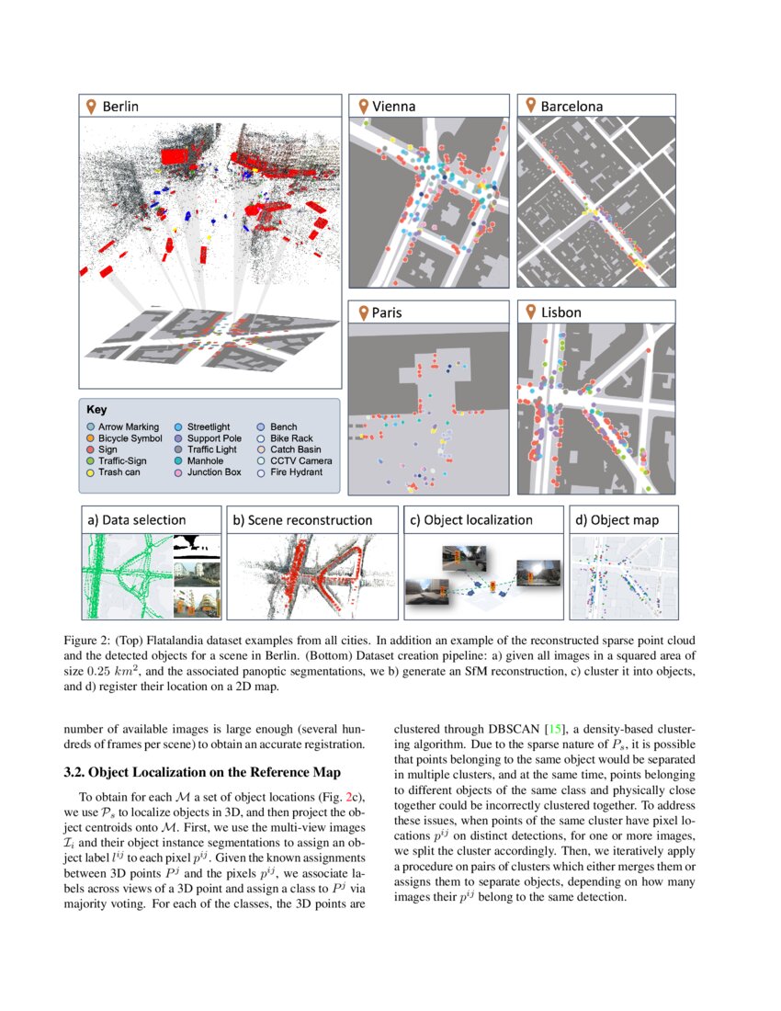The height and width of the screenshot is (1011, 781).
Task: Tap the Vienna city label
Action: [x=393, y=107]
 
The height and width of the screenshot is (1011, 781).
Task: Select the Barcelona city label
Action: [x=571, y=107]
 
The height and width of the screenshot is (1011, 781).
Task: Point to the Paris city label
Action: [x=386, y=312]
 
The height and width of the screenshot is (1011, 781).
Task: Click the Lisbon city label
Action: [x=560, y=312]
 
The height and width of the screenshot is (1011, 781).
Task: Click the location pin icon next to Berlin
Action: [x=90, y=107]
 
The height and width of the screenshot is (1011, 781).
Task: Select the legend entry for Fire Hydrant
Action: [x=295, y=471]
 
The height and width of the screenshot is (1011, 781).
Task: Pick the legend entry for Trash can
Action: [x=120, y=471]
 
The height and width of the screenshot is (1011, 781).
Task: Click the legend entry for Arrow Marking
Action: [x=128, y=427]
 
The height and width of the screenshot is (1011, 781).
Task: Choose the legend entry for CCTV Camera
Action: [x=300, y=460]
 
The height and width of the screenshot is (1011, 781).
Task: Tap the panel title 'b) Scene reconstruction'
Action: [x=302, y=519]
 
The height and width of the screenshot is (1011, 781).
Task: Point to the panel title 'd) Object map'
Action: [x=617, y=519]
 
